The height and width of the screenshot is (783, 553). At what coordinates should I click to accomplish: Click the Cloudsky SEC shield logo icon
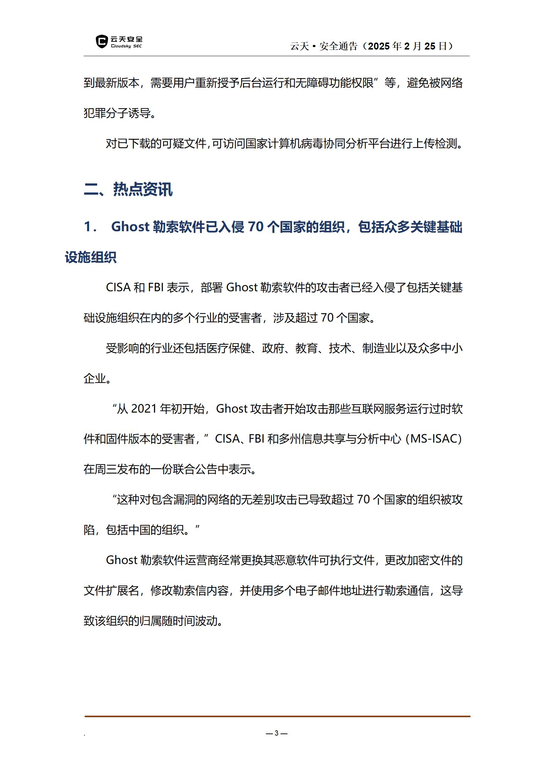[x=101, y=42]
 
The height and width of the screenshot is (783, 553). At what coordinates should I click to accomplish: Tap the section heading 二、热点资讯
[x=128, y=189]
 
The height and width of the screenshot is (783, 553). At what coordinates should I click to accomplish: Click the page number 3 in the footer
[x=276, y=733]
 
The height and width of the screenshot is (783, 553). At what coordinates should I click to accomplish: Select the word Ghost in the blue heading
[x=130, y=227]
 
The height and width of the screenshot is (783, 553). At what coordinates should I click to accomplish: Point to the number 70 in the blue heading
[x=256, y=227]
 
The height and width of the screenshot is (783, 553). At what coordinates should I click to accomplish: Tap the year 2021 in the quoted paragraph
[x=144, y=408]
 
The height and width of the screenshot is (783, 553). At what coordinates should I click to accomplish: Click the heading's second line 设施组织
[x=91, y=257]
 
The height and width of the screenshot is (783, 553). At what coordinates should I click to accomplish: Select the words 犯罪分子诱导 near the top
[x=117, y=113]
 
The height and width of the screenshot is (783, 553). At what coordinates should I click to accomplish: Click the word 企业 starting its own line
[x=94, y=378]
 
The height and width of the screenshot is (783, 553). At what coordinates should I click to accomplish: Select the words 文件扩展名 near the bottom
[x=112, y=590]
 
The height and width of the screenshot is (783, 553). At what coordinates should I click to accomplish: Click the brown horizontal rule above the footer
[x=277, y=716]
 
